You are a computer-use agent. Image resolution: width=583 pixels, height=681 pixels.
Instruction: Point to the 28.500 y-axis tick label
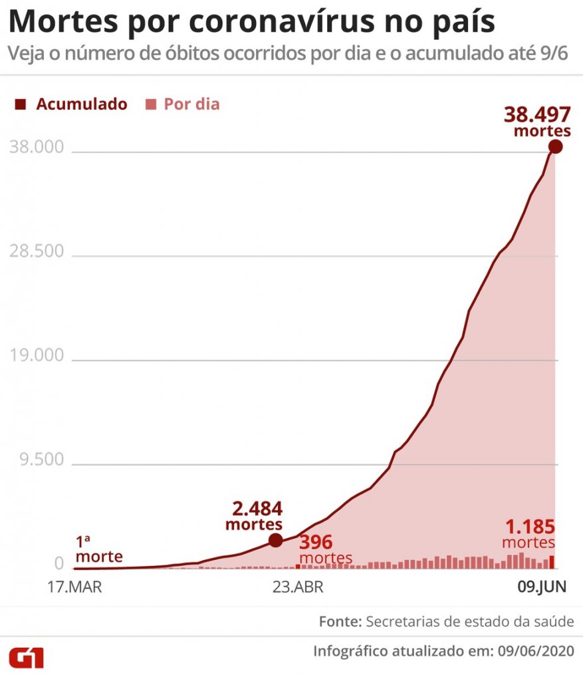(x=37, y=252)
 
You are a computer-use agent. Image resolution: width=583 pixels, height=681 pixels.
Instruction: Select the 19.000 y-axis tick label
(x=37, y=356)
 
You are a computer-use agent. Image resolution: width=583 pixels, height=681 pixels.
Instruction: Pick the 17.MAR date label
(x=74, y=587)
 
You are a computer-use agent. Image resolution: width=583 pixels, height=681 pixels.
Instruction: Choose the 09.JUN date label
(x=542, y=587)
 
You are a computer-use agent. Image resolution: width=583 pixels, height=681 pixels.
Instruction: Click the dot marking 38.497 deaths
(x=555, y=147)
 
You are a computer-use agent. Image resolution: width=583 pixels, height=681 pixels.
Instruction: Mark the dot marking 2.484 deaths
(x=275, y=541)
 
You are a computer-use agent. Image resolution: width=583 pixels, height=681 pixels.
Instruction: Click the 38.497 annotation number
(x=536, y=114)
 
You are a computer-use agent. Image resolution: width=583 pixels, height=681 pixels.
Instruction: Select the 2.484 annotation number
(x=257, y=509)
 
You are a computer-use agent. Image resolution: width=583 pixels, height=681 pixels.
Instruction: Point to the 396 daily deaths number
(x=316, y=542)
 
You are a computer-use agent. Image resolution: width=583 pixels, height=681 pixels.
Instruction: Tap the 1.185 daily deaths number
(x=530, y=527)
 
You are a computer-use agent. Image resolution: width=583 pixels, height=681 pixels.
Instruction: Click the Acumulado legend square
(x=21, y=104)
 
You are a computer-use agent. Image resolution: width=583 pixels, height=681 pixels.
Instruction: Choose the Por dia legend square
(x=152, y=104)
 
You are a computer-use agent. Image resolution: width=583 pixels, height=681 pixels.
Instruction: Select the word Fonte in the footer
(x=340, y=622)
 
